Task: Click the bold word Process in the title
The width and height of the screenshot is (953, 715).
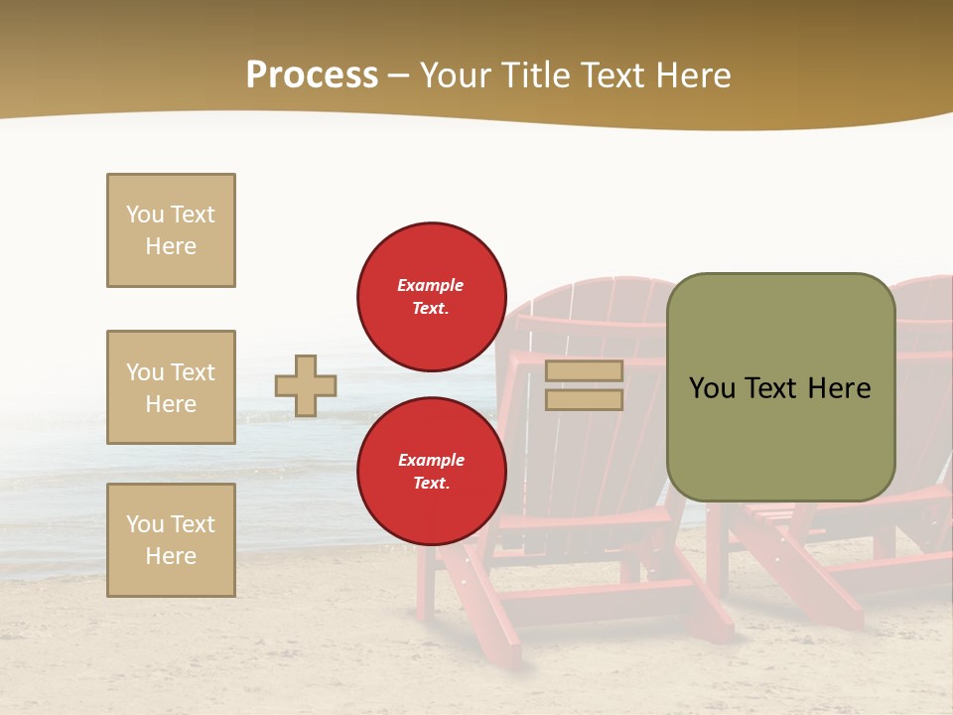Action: click(312, 75)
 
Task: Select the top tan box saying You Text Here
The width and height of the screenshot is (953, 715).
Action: click(171, 230)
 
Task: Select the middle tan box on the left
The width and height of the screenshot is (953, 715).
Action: click(171, 387)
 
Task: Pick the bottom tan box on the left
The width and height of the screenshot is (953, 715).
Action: click(171, 540)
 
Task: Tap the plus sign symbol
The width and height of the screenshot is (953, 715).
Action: click(306, 385)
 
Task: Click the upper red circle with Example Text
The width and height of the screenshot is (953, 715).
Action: click(431, 297)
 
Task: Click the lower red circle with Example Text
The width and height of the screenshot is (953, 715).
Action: click(431, 472)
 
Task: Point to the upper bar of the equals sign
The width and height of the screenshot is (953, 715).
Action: click(584, 370)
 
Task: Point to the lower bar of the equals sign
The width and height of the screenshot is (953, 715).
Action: click(584, 399)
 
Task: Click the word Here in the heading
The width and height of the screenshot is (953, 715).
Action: click(695, 75)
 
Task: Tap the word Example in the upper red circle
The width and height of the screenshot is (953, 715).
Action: click(431, 285)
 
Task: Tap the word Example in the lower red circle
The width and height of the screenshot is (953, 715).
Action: click(431, 460)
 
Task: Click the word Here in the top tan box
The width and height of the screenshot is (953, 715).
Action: click(171, 246)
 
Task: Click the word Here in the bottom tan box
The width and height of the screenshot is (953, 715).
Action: click(171, 556)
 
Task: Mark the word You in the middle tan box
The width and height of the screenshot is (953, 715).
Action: click(143, 372)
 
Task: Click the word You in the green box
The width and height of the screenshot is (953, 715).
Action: click(712, 388)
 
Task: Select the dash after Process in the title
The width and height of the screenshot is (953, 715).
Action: click(398, 75)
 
